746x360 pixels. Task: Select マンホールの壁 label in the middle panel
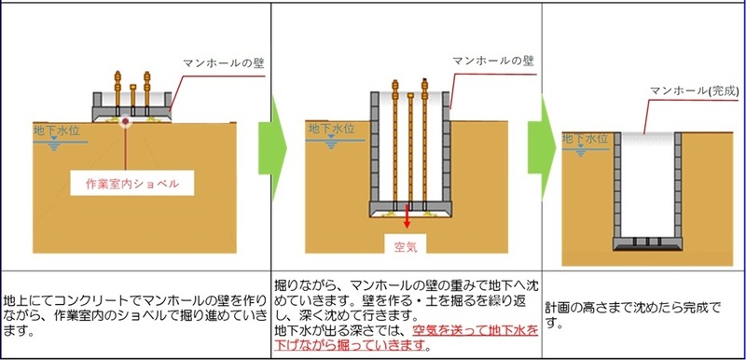(x=489, y=60)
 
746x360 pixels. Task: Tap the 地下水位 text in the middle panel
(x=332, y=128)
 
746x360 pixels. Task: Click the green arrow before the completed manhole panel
(x=541, y=140)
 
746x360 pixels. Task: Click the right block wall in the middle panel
(x=446, y=149)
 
